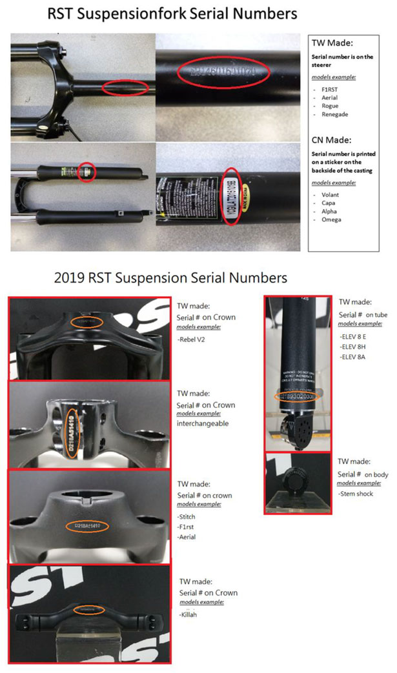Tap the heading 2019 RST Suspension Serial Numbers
tap(170, 278)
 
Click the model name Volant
tap(326, 194)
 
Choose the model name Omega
tap(327, 219)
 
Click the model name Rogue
tap(325, 106)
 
